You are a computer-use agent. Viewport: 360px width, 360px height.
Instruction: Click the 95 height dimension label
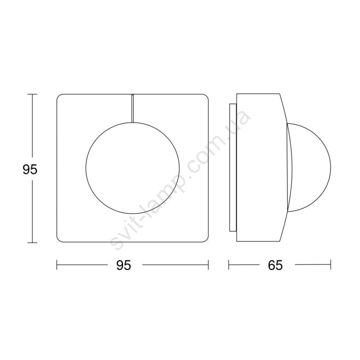click(x=30, y=170)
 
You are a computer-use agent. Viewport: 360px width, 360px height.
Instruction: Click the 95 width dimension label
click(x=124, y=265)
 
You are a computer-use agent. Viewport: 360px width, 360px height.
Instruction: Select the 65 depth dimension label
click(x=275, y=265)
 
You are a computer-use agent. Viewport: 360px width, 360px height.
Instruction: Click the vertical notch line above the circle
click(x=132, y=108)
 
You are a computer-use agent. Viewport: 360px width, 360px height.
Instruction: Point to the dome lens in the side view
click(x=330, y=167)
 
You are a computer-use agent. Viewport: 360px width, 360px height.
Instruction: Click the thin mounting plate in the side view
click(x=233, y=167)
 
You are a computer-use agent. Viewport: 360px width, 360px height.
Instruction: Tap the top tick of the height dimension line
click(x=32, y=94)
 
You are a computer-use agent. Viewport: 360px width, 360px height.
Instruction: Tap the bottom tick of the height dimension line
click(x=32, y=242)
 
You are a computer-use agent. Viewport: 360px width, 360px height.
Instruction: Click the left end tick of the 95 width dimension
click(x=57, y=265)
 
